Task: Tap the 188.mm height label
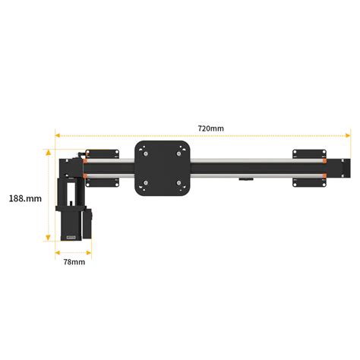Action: point(25,197)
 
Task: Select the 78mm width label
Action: point(73,262)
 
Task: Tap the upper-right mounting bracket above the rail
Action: point(309,153)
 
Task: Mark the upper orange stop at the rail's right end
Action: point(324,160)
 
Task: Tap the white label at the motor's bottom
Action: point(73,236)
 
